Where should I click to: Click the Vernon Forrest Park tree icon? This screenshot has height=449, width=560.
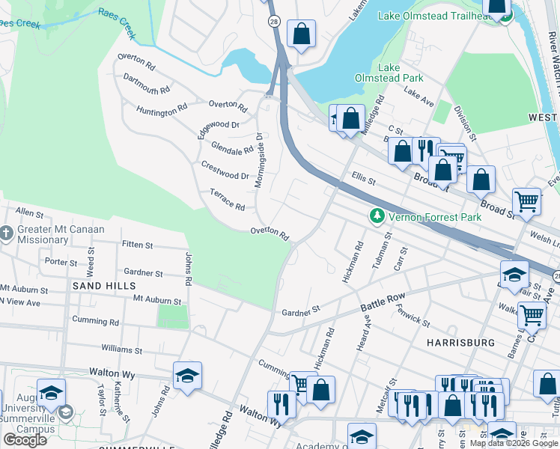coord(377,216)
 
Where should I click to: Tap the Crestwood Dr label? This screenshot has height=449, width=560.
coord(225,170)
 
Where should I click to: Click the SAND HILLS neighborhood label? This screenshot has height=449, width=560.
coord(104,286)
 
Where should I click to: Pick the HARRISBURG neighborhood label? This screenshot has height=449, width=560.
coord(460,342)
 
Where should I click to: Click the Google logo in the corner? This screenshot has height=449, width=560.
coord(25,439)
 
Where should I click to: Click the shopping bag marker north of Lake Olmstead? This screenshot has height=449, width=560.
coord(301,34)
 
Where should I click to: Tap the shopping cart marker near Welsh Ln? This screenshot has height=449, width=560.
coord(526,201)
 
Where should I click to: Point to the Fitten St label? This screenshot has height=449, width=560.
coord(137,245)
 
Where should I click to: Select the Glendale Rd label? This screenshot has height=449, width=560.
coord(232,148)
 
